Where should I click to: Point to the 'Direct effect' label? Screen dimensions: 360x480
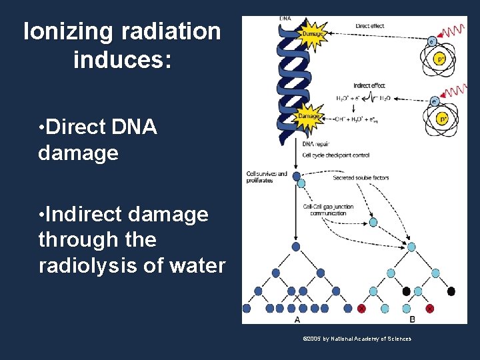pyautogui.click(x=370, y=26)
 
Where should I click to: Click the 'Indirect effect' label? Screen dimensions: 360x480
pyautogui.click(x=370, y=85)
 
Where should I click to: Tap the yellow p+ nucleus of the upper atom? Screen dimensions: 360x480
pyautogui.click(x=440, y=59)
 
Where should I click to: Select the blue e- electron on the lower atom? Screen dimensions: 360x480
pyautogui.click(x=434, y=101)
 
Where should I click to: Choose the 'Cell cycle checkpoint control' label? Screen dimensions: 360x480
pyautogui.click(x=335, y=155)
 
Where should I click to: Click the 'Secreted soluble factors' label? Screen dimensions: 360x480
pyautogui.click(x=361, y=178)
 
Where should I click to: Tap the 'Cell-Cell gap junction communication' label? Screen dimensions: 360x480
pyautogui.click(x=327, y=209)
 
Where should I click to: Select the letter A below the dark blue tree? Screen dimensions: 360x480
pyautogui.click(x=297, y=319)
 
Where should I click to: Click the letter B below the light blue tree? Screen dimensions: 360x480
pyautogui.click(x=412, y=319)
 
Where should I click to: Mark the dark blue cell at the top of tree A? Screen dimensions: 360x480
pyautogui.click(x=296, y=246)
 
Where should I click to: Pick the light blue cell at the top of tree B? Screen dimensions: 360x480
pyautogui.click(x=411, y=247)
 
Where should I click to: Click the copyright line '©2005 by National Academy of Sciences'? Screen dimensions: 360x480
pyautogui.click(x=357, y=339)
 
